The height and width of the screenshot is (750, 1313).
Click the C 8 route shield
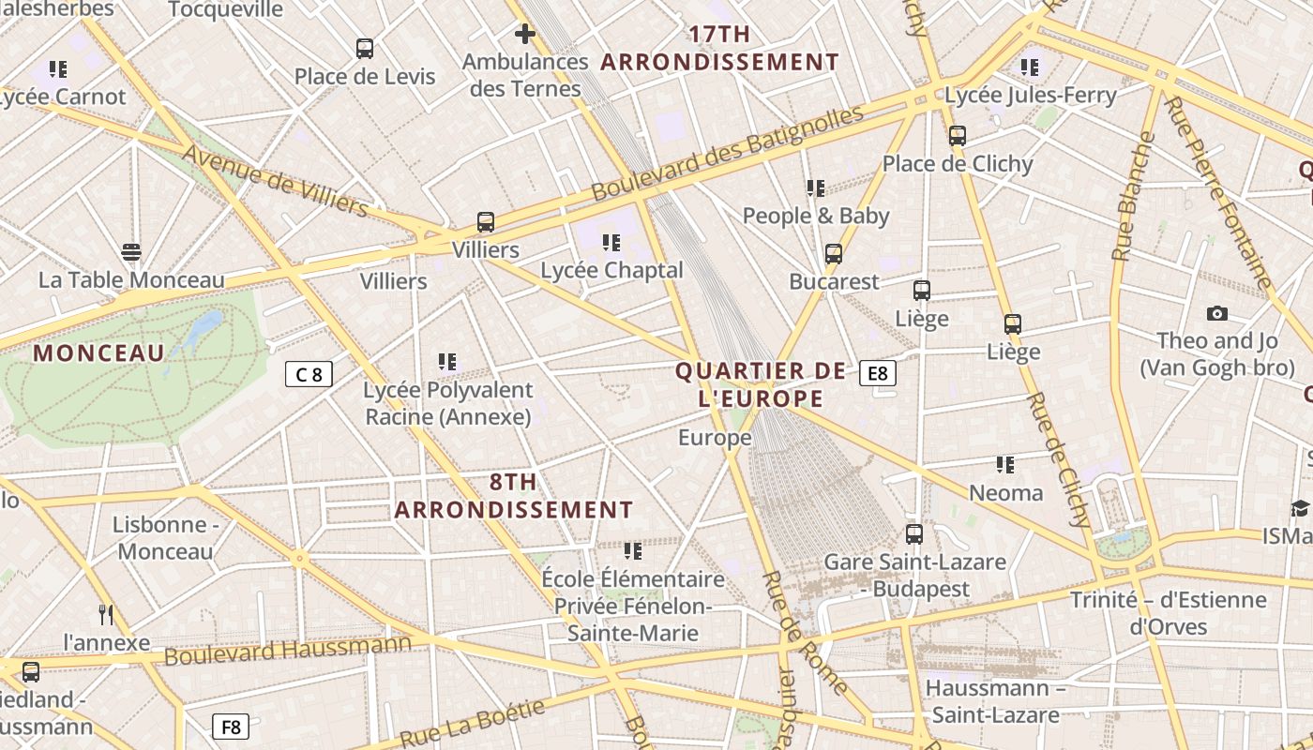309,375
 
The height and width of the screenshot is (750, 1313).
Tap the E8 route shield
877,373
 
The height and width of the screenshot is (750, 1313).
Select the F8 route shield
231,727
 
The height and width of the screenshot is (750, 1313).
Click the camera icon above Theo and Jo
1217,313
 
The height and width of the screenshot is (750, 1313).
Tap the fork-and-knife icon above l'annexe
106,615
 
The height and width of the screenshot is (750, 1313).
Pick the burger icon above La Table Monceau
131,252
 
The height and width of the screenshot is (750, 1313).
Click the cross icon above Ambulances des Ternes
525,35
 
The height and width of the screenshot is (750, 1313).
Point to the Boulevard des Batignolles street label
727,154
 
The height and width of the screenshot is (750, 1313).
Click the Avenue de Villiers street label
276,180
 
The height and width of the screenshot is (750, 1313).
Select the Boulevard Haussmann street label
287,649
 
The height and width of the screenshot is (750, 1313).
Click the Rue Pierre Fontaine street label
1218,192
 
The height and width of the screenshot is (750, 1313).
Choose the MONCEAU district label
98,353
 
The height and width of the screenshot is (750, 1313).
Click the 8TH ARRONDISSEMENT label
514,496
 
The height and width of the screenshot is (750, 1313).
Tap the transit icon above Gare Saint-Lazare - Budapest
913,534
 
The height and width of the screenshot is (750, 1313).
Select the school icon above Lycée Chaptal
611,243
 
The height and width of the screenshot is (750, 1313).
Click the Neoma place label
1005,493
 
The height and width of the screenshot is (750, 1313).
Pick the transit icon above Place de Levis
365,49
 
